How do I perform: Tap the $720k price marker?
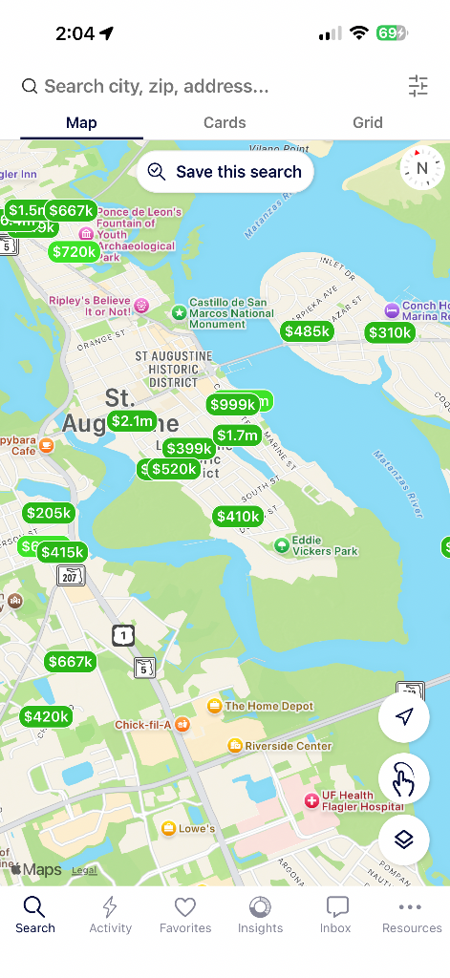pyautogui.click(x=75, y=252)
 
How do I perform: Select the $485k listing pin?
pyautogui.click(x=307, y=331)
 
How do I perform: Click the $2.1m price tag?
pyautogui.click(x=132, y=421)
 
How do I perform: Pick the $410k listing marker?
pyautogui.click(x=238, y=517)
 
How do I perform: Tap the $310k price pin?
pyautogui.click(x=390, y=332)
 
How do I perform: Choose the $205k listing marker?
pyautogui.click(x=49, y=513)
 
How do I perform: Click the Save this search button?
pyautogui.click(x=225, y=172)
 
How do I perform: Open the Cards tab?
pyautogui.click(x=225, y=122)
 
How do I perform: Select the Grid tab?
pyautogui.click(x=367, y=122)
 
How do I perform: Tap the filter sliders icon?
pyautogui.click(x=418, y=86)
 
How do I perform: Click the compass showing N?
pyautogui.click(x=421, y=167)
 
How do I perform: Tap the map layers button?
pyautogui.click(x=403, y=840)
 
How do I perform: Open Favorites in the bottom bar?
pyautogui.click(x=184, y=915)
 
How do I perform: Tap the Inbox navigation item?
pyautogui.click(x=336, y=915)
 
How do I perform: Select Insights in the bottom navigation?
pyautogui.click(x=260, y=915)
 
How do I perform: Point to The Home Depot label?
pyautogui.click(x=268, y=707)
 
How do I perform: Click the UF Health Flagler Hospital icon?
pyautogui.click(x=311, y=801)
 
